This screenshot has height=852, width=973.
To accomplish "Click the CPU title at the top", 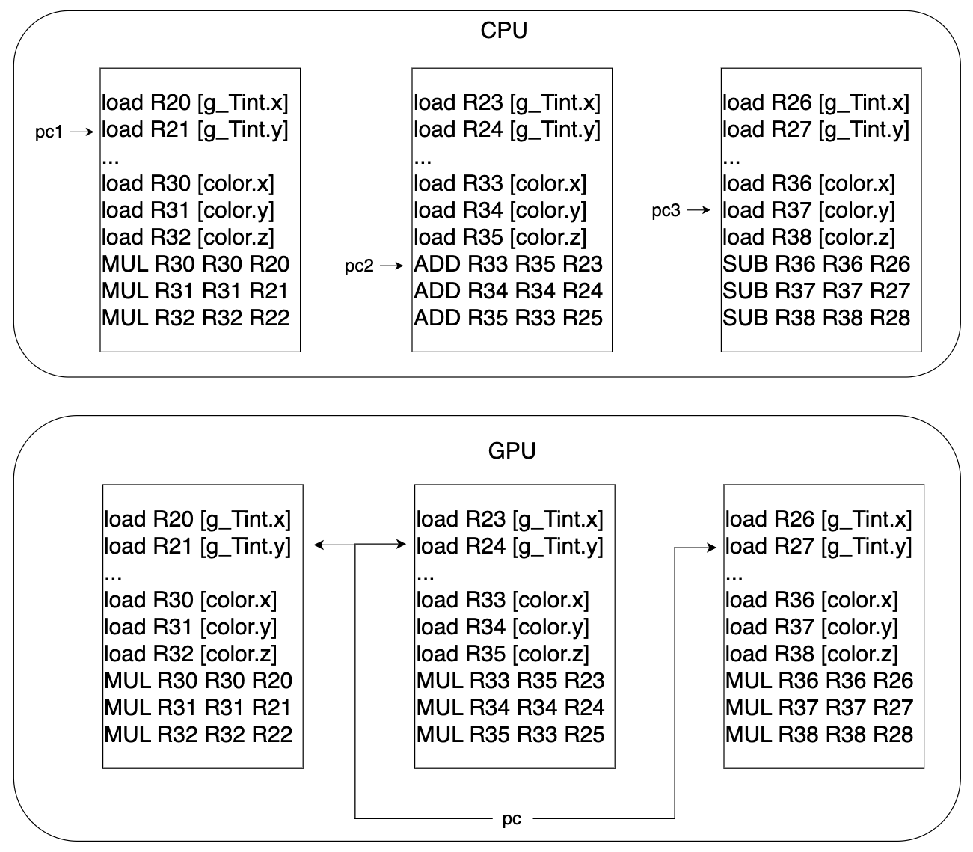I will (x=503, y=31).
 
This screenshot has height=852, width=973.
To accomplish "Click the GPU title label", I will (x=512, y=451).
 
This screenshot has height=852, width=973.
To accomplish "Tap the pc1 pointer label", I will (x=49, y=133).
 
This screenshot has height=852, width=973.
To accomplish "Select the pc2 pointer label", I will (x=359, y=266).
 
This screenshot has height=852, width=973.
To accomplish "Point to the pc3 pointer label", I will (x=666, y=211).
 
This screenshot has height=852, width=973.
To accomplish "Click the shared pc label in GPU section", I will (x=512, y=818).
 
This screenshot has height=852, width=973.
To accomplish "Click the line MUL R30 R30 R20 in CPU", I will (x=195, y=264).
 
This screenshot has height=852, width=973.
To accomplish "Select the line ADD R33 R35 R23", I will (x=508, y=264).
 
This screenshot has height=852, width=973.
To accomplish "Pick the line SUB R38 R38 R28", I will (x=816, y=318).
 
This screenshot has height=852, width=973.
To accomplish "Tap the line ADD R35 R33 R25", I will (x=508, y=318).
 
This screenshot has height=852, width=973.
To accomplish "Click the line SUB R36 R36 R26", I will (x=816, y=264).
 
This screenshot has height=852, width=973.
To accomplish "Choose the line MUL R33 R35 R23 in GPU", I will (x=510, y=681).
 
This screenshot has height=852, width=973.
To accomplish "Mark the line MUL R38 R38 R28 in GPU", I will (x=819, y=735).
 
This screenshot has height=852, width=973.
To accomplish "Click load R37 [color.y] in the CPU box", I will (x=808, y=210).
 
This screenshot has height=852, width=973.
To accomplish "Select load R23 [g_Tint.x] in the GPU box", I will (x=509, y=519).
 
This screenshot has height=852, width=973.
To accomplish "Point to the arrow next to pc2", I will (x=392, y=266).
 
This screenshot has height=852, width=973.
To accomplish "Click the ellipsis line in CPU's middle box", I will (x=423, y=159).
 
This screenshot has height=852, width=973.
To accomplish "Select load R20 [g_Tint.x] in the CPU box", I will (x=194, y=102).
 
